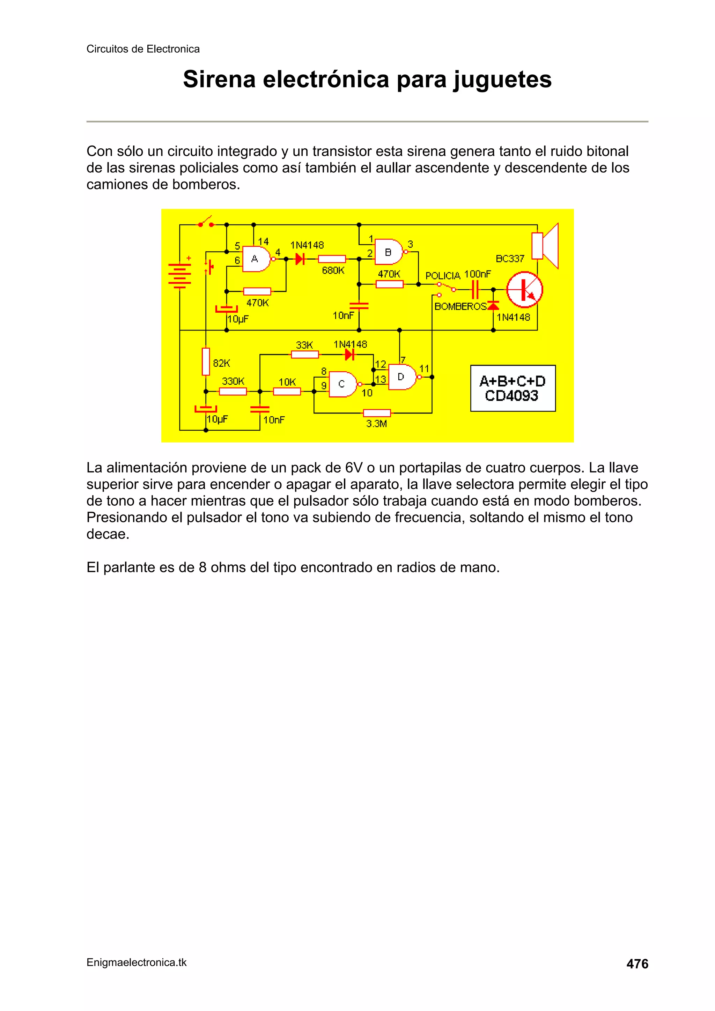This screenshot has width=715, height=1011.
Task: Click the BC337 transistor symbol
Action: [x=524, y=289]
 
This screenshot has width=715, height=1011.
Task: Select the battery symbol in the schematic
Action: [x=180, y=274]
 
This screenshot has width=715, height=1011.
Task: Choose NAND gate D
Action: [x=402, y=377]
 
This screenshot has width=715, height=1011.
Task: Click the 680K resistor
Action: [x=332, y=259]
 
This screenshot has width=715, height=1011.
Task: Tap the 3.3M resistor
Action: [x=377, y=413]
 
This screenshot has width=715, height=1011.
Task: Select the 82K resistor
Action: [x=206, y=362]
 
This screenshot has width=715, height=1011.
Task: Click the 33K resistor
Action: [x=304, y=354]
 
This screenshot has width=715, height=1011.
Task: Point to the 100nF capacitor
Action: [x=475, y=290]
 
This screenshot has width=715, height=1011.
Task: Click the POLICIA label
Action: [x=442, y=276]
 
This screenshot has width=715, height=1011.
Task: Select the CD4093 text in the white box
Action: [x=511, y=396]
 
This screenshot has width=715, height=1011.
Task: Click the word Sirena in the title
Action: [x=219, y=80]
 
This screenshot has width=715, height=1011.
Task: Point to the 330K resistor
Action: [x=233, y=391]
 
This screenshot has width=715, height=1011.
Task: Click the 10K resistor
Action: [x=287, y=391]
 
